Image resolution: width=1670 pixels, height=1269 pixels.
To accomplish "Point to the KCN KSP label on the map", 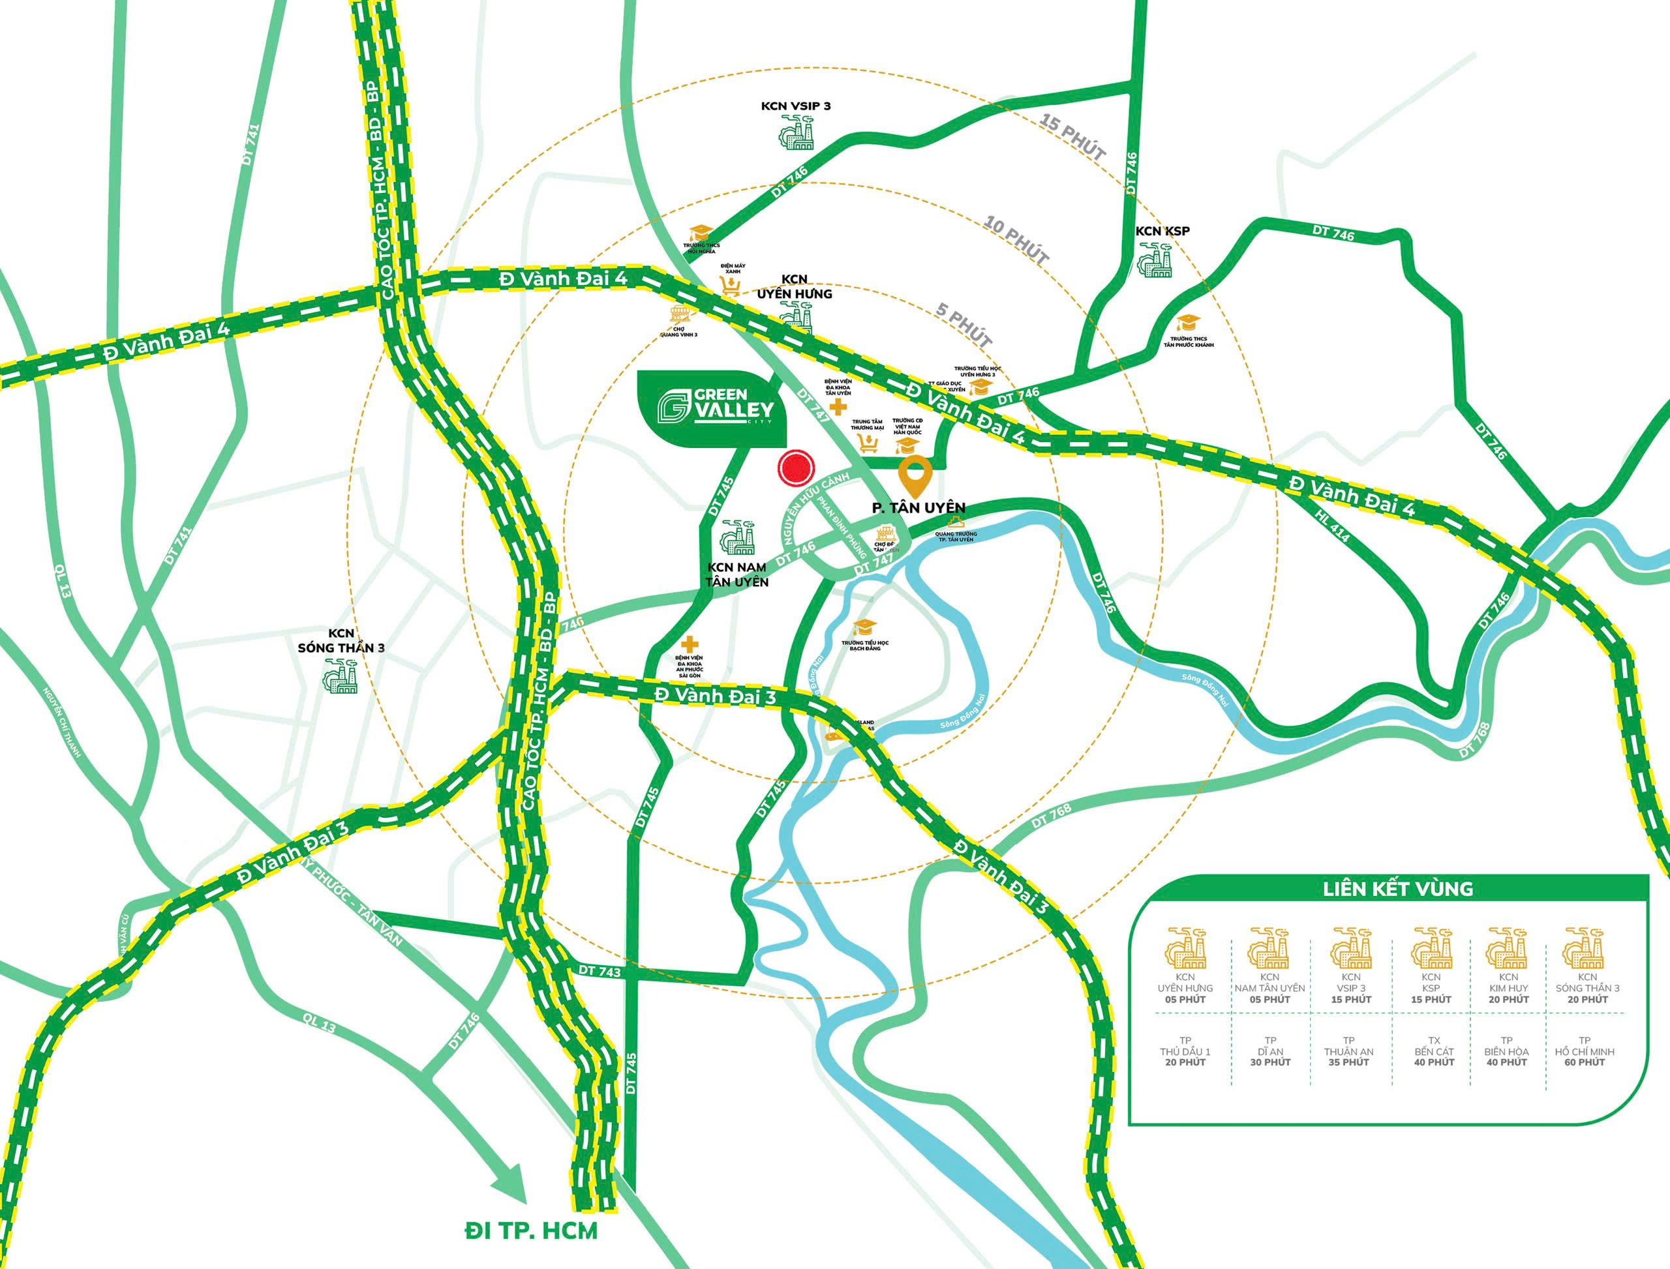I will coord(1162,230).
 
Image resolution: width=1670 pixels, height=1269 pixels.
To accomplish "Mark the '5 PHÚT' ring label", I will coord(964,325).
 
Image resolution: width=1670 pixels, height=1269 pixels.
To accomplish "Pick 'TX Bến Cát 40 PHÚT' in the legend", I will coord(1433,1051).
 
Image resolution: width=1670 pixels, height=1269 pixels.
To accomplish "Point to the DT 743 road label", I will coord(601,970).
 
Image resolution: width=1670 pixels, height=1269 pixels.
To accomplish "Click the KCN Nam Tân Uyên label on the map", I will coord(736,574).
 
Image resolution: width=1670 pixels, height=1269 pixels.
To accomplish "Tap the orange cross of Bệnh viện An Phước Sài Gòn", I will coord(688,644).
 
